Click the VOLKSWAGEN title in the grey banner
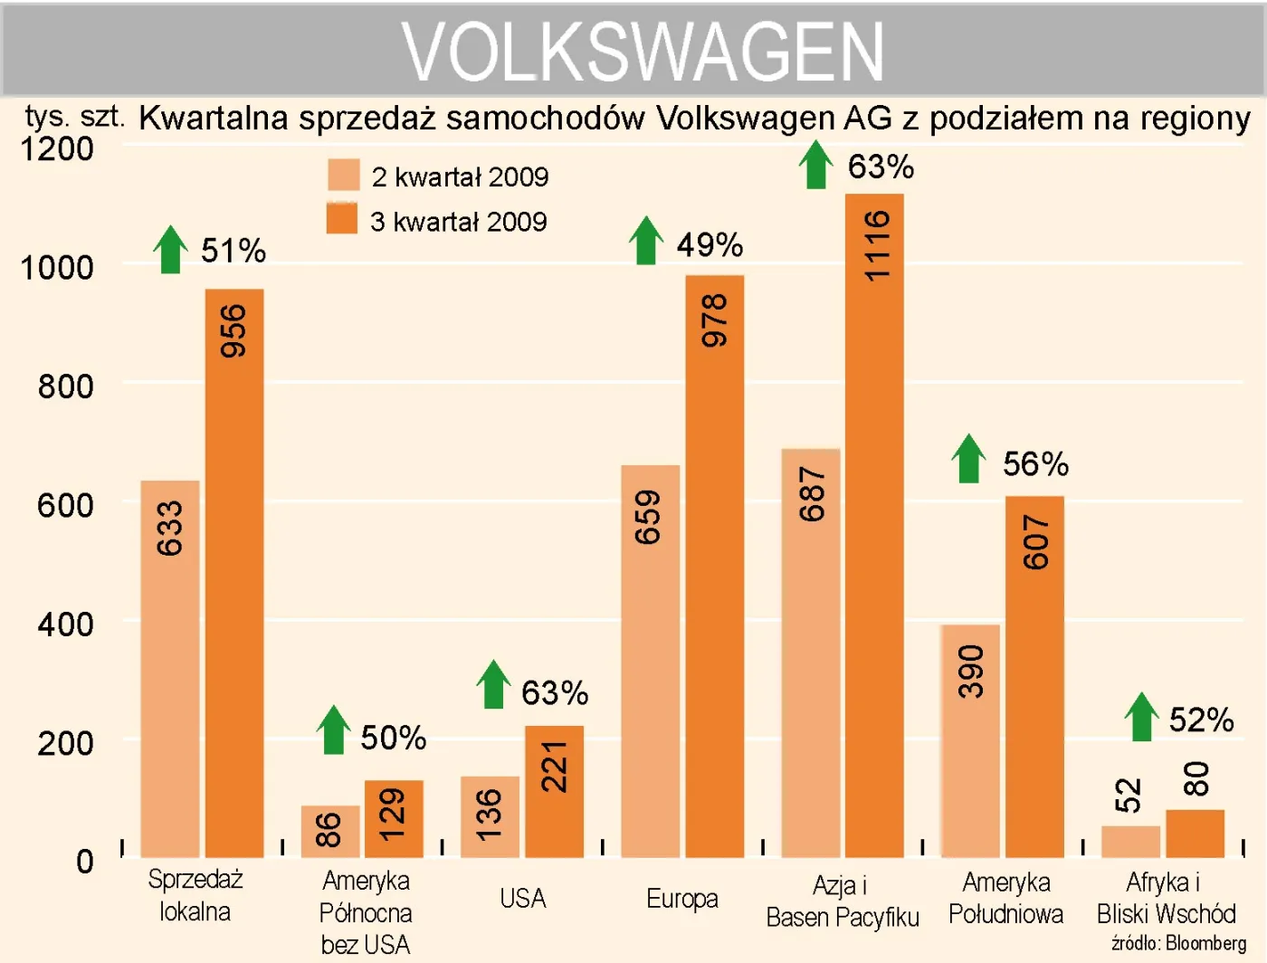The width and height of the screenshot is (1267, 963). coord(643,52)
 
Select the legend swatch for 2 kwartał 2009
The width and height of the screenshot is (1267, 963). coord(344,176)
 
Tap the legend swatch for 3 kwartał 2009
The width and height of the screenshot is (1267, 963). coord(342,219)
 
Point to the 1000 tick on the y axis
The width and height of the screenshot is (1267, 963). coord(57,268)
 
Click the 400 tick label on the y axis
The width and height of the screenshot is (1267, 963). coord(65,625)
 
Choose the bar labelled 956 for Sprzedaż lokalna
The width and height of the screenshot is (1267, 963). coord(233,572)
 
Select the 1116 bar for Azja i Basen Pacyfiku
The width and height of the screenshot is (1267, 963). coord(874,525)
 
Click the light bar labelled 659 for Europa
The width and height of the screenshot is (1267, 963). coord(650,661)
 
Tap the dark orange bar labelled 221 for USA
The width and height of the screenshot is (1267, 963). coord(554,791)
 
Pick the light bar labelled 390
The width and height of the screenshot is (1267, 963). coord(970,740)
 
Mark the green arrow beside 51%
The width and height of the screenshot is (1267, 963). coord(170,250)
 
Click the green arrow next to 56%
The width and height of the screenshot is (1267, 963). coord(968,459)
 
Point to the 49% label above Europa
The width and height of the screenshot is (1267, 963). coord(710,245)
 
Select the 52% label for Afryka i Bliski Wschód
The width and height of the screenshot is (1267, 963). coord(1201,720)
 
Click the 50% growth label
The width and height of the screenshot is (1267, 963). coord(393,738)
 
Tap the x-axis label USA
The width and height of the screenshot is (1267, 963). coord(522,899)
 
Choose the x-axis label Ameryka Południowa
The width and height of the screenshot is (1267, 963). coord(1005,898)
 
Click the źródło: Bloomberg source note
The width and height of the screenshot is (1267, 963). coord(1178,943)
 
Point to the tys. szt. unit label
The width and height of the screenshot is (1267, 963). coord(74,117)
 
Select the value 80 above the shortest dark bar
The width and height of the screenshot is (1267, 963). coord(1196,778)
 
